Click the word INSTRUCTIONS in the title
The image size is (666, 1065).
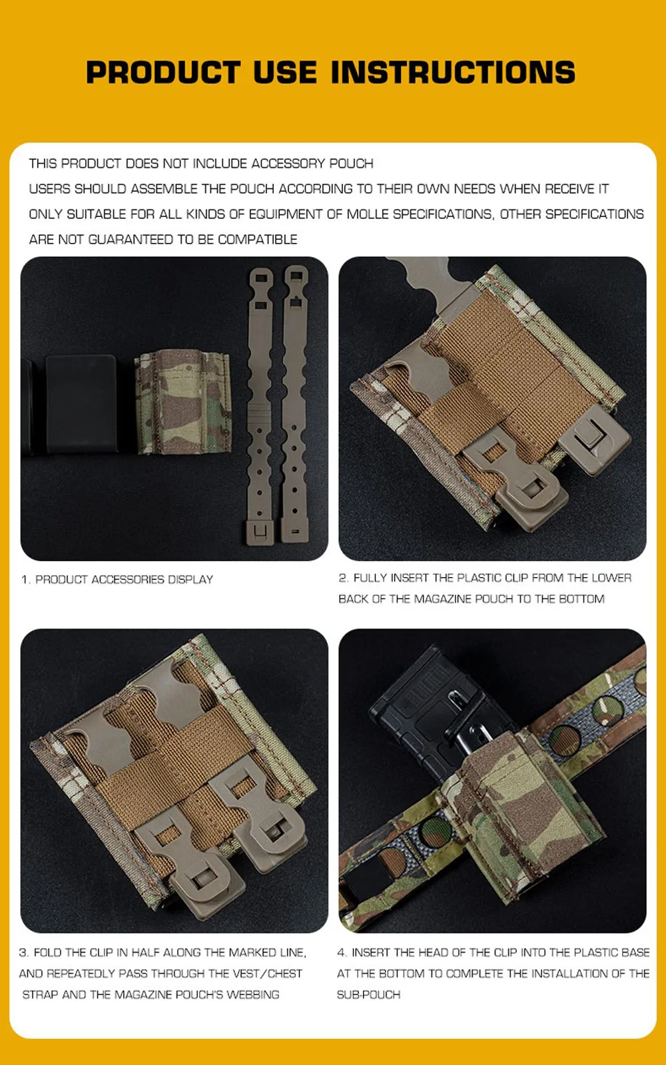(453, 73)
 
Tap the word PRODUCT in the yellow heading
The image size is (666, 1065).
(163, 73)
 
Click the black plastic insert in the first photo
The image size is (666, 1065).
(81, 403)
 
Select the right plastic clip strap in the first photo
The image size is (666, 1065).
(294, 404)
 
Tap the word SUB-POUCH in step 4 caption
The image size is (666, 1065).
(369, 994)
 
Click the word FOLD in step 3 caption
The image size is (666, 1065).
(48, 953)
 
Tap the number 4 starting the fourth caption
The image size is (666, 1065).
(342, 953)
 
